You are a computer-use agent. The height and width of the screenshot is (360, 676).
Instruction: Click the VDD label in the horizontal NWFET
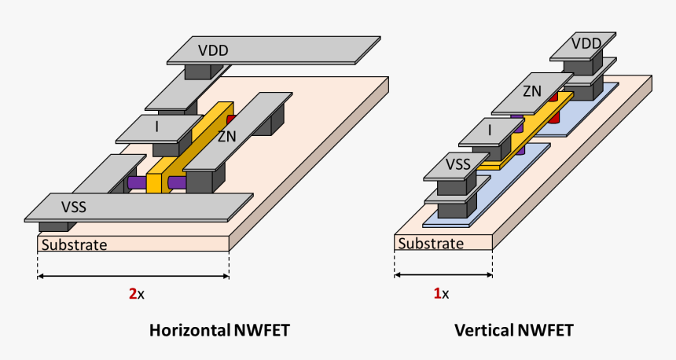click(x=213, y=51)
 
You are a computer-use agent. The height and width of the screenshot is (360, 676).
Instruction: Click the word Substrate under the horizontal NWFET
click(x=74, y=244)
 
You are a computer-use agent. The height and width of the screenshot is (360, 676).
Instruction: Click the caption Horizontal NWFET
click(x=219, y=331)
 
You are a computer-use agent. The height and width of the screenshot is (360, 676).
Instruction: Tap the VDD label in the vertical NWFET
click(x=586, y=43)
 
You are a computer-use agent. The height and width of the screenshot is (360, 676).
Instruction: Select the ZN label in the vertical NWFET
click(x=532, y=91)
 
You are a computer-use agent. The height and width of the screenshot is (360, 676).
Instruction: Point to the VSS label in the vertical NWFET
click(x=460, y=165)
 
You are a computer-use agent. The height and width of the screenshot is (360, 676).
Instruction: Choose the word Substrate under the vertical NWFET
click(x=430, y=244)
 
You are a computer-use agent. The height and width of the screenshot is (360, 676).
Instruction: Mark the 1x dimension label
click(x=442, y=294)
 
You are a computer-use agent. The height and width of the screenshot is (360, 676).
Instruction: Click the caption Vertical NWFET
click(x=513, y=331)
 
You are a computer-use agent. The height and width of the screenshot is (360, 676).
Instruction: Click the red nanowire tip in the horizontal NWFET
click(x=231, y=120)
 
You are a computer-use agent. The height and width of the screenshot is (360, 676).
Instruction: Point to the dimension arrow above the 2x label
click(x=133, y=276)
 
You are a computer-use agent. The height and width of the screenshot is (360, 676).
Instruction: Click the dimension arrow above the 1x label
click(x=443, y=275)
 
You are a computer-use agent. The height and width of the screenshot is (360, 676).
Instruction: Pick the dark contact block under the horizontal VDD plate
click(x=203, y=72)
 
